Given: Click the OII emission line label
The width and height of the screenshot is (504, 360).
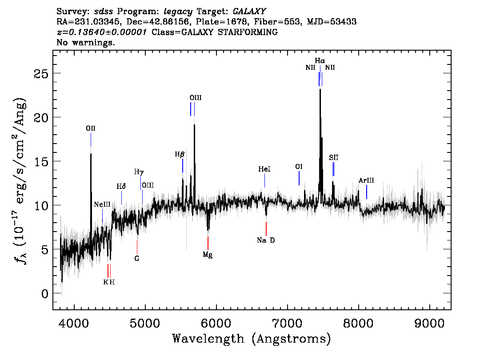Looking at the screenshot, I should [x=91, y=128].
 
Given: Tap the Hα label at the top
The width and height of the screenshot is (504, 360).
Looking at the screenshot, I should [x=320, y=60].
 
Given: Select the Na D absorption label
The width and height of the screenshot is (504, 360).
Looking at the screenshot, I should [x=266, y=240].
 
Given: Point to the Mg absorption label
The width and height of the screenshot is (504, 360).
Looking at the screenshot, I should [x=208, y=255].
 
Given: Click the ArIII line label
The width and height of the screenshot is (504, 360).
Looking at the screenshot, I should [x=366, y=180].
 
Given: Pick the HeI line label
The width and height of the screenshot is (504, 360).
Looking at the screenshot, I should [x=264, y=169].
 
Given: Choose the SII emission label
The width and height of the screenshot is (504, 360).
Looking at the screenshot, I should [x=333, y=157].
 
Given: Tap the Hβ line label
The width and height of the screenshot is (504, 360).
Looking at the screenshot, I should [x=180, y=154].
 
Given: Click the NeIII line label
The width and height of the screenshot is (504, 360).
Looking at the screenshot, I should [x=102, y=204].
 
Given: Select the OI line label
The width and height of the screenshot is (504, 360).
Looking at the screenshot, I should [x=299, y=167].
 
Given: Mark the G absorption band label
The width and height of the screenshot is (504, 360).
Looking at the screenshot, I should [x=137, y=258].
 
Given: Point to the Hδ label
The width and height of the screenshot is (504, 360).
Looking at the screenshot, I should [x=121, y=186].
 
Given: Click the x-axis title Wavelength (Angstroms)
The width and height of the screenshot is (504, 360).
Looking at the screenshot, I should [x=252, y=339].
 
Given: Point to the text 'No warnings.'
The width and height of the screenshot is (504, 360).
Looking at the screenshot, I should [x=86, y=43].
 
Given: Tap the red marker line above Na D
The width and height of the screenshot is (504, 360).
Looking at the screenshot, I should [x=266, y=228].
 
